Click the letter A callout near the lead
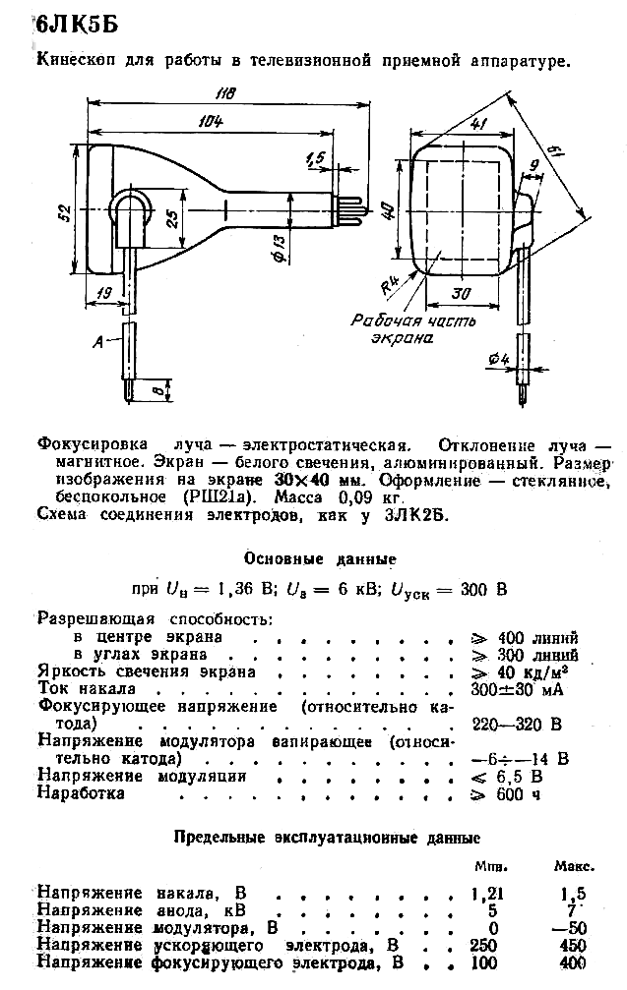click(x=98, y=342)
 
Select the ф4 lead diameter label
click(x=498, y=359)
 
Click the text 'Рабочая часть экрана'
click(x=413, y=329)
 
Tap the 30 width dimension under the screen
click(x=462, y=294)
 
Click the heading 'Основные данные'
click(x=320, y=558)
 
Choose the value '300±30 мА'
click(x=517, y=689)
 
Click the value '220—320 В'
click(x=517, y=724)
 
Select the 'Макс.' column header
click(x=575, y=867)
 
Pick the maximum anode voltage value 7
click(x=573, y=911)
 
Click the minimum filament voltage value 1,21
click(x=487, y=894)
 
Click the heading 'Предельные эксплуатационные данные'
click(x=327, y=838)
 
